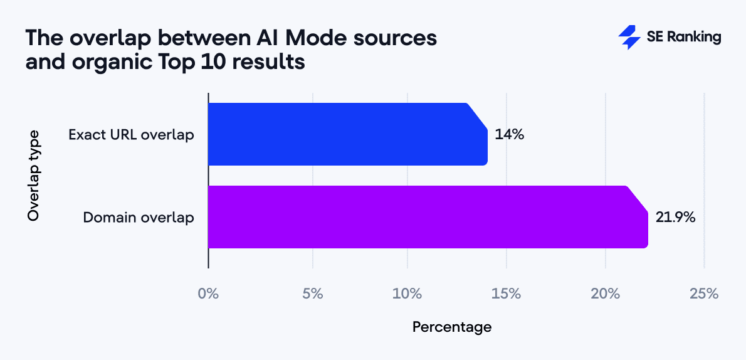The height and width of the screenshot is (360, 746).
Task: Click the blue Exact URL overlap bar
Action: coord(347,134)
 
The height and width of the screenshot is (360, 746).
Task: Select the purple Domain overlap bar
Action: coord(426,217)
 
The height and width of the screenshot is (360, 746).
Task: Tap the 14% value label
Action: coord(509,134)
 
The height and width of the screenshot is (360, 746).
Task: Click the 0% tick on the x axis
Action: coord(208,294)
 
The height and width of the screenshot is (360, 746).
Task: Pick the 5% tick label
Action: coord(312,294)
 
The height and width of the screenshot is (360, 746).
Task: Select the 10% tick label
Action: coord(407,294)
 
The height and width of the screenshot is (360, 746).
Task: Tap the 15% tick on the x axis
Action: coord(507,294)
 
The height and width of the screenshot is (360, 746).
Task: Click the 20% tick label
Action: coord(606,294)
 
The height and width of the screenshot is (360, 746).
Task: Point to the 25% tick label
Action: coord(704,294)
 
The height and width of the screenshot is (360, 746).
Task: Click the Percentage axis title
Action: coord(451,327)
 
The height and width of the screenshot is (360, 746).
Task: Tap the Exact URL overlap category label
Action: coord(131,134)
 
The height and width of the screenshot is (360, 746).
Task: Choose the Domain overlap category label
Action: coord(139,218)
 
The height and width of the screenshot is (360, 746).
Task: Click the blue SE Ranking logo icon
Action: coord(628,37)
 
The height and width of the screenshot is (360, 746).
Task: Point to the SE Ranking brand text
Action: coord(684,37)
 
